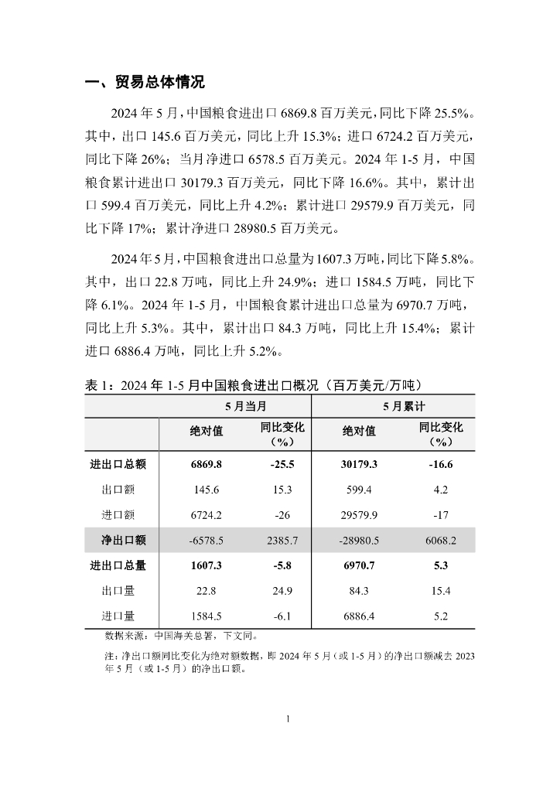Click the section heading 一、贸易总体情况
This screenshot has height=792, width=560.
coord(144,83)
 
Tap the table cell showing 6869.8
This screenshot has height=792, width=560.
coord(206,465)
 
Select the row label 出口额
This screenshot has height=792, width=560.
coord(118,490)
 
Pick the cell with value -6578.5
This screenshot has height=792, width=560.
coord(206,540)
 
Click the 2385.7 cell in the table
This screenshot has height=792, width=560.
coord(274,540)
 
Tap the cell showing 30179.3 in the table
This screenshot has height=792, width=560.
coord(360,465)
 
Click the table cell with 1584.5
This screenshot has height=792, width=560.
coord(206,616)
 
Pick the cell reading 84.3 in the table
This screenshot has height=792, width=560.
coord(360,591)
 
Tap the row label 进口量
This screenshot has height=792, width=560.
coord(118,616)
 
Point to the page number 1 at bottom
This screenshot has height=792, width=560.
coord(288,719)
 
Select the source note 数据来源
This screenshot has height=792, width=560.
coord(181,637)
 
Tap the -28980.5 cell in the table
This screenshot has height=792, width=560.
coord(360,540)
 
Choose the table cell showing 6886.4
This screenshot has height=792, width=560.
coord(360,616)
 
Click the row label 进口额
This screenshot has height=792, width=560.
coord(118,515)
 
